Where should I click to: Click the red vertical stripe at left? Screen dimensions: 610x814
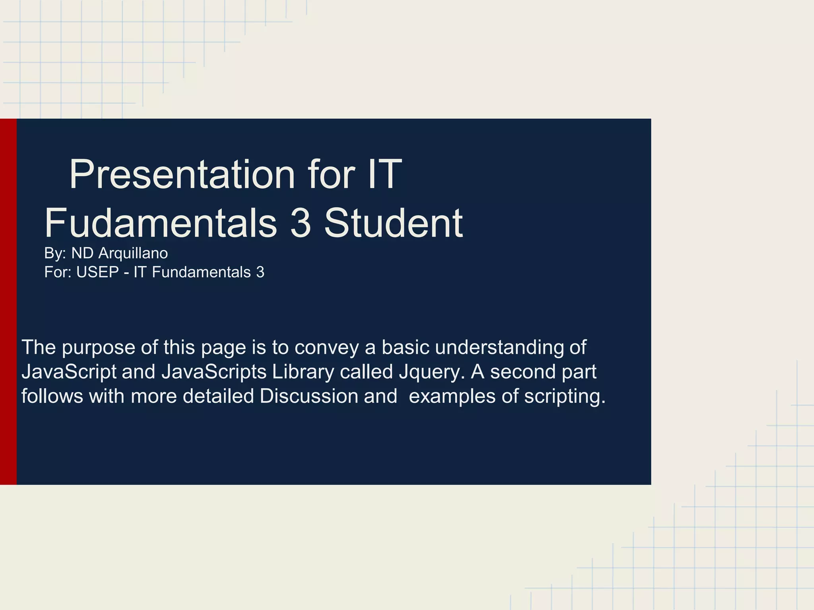8,302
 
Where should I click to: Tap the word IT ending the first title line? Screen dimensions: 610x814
385,175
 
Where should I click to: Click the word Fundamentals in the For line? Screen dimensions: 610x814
201,272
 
